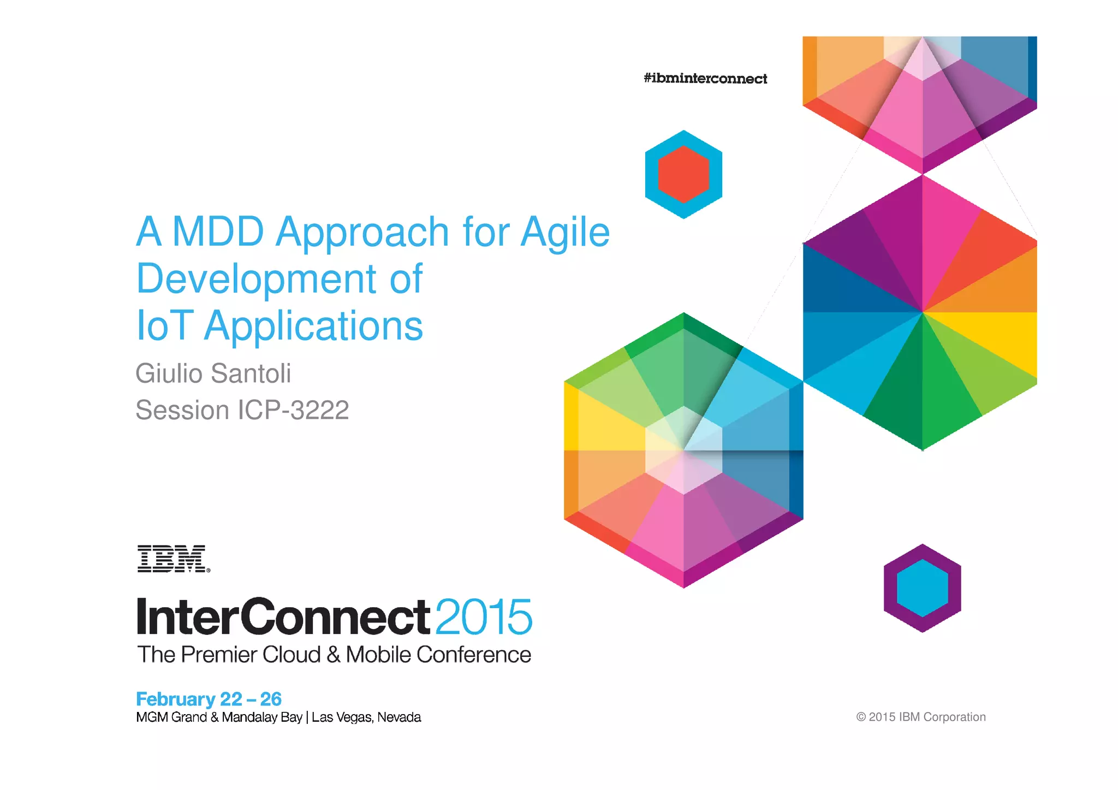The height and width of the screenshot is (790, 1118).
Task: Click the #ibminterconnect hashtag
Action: (705, 79)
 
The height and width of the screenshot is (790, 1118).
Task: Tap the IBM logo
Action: (173, 558)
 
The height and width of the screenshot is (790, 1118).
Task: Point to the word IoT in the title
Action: (164, 326)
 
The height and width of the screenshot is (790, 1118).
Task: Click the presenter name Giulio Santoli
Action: (213, 374)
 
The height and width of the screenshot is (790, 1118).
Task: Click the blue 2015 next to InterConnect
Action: (484, 617)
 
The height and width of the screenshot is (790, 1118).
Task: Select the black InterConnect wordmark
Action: (283, 617)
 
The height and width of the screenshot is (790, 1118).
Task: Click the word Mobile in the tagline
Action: (378, 655)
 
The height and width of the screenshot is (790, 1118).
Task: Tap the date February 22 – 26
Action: (209, 699)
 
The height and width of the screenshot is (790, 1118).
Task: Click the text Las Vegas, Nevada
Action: (366, 717)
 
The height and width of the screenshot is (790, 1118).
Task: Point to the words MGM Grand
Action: (171, 717)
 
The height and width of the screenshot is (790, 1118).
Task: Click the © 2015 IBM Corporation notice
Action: (920, 717)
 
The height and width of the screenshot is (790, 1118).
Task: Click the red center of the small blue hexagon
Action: (683, 175)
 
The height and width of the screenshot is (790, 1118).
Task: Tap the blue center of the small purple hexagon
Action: (922, 588)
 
